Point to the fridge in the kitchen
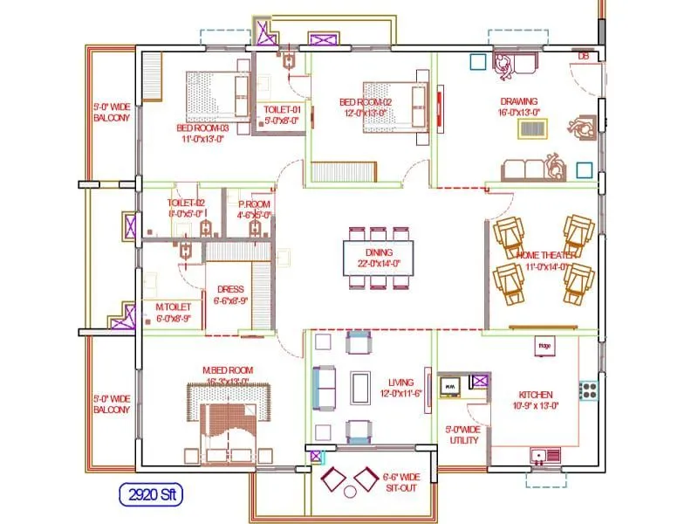tap(544, 347)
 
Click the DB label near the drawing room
tap(583, 57)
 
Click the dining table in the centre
tap(378, 257)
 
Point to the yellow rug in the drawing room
tap(534, 128)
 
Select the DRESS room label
tap(229, 294)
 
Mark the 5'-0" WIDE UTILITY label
tap(462, 435)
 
